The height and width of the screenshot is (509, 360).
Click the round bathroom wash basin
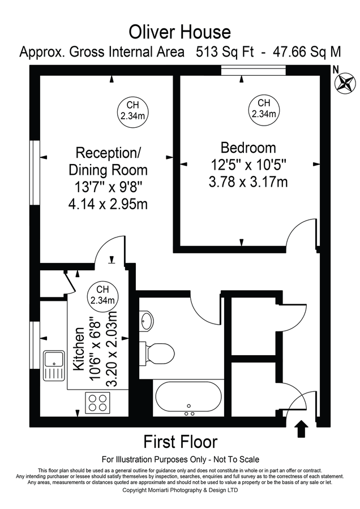146,321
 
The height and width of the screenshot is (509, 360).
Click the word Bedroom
248,148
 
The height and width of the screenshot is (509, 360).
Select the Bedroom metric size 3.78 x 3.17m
248,182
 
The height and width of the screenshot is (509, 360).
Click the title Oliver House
179,31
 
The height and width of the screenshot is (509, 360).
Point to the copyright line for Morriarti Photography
180,490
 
